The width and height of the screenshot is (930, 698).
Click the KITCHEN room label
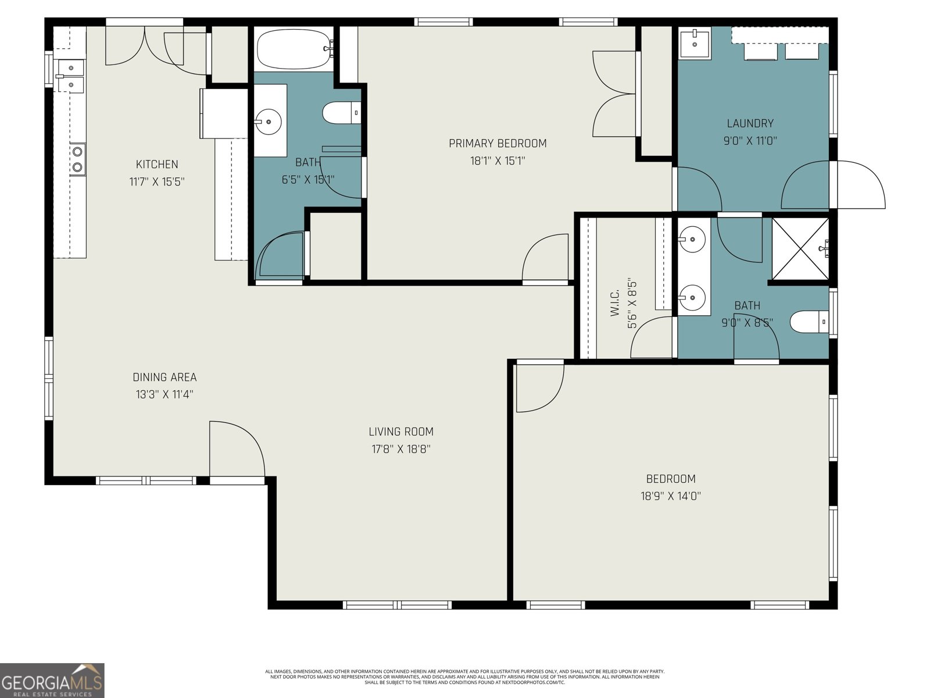(157, 165)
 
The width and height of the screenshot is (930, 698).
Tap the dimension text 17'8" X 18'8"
(401, 449)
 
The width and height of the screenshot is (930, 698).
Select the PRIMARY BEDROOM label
(498, 143)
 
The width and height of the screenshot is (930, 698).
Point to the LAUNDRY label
(750, 123)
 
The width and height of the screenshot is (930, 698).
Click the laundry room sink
(695, 43)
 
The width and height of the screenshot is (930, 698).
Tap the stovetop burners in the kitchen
(77, 160)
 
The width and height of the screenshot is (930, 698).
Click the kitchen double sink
(70, 76)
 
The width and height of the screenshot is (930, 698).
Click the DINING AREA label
(164, 378)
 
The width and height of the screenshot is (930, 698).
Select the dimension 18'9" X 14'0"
(671, 496)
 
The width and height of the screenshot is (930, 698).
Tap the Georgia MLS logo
(52, 680)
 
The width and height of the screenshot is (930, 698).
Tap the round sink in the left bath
(268, 122)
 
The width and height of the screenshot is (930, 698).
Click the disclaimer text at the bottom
(464, 676)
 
